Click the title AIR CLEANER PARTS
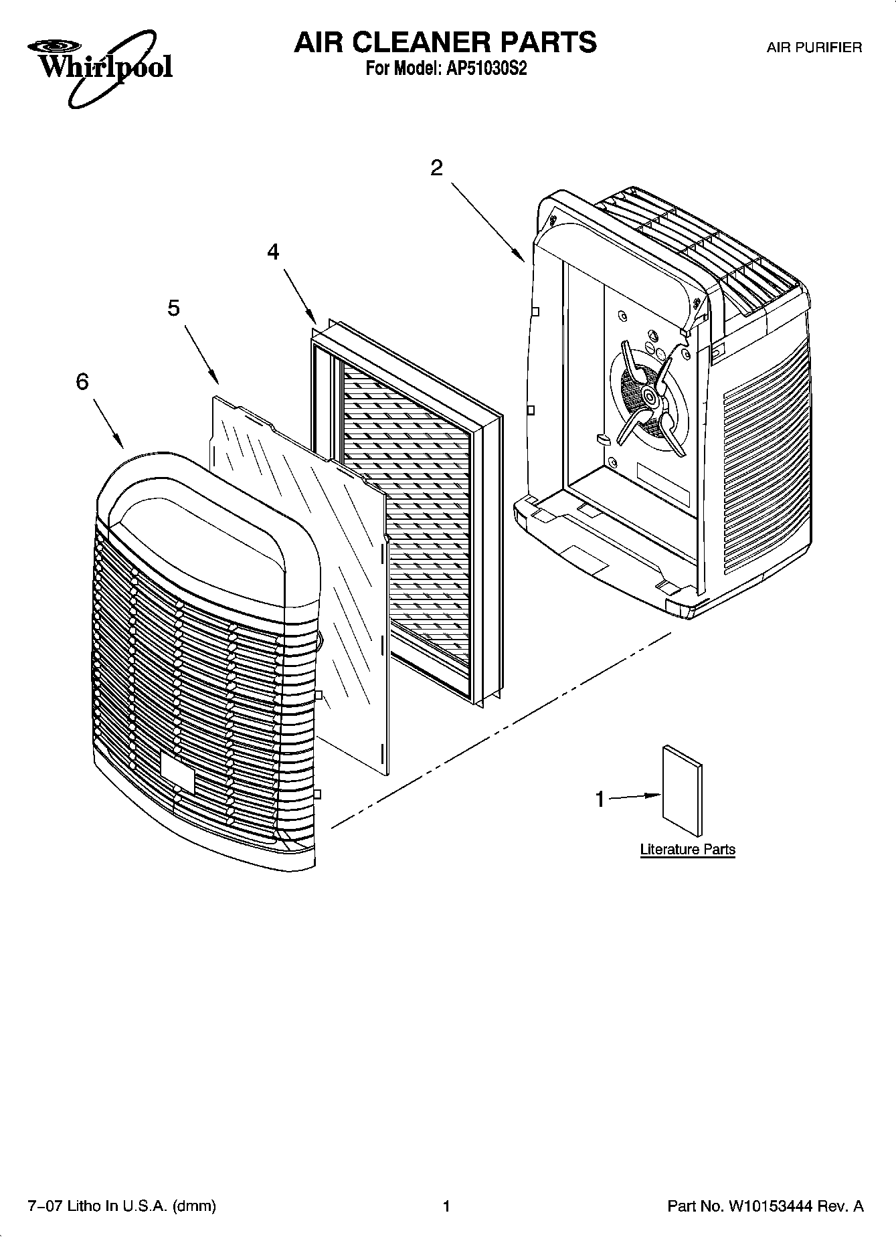point(445,42)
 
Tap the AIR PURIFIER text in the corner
point(814,47)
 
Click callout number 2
point(436,168)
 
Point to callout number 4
point(273,252)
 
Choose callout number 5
point(174,308)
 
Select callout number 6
point(82,382)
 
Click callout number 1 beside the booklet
point(600,799)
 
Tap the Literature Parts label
point(687,850)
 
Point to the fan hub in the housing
point(648,397)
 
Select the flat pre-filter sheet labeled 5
point(301,569)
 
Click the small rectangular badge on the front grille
point(177,772)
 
